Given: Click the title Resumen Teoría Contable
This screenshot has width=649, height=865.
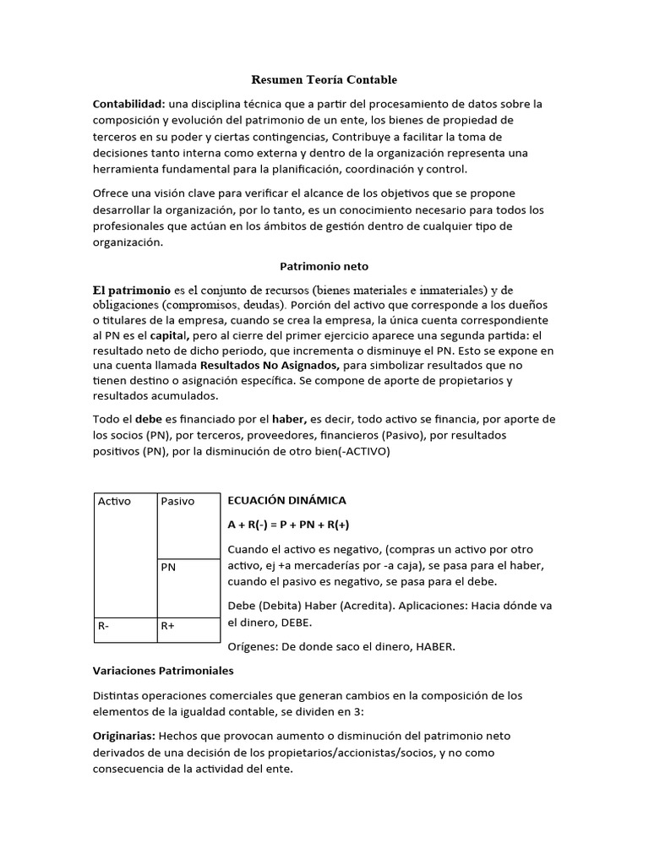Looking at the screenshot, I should coord(324,79).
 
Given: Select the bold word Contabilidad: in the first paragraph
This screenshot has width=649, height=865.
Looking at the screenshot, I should coord(128,104).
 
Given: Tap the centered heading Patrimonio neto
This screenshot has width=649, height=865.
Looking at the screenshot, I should coord(324,265).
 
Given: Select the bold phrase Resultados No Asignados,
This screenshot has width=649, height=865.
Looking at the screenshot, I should coord(270,366).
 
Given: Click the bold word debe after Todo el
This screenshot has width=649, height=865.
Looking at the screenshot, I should coord(149,420).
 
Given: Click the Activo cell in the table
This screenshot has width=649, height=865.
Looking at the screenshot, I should coord(115,501).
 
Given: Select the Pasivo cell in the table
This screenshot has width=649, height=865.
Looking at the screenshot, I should coord(178,501).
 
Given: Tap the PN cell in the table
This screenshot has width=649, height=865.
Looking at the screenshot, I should coord(168,568).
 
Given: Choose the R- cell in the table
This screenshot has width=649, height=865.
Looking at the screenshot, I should coord(104,627).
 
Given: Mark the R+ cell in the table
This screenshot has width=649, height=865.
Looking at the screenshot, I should coord(168,627).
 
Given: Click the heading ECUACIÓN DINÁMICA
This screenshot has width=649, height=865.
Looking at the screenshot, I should coord(287,501).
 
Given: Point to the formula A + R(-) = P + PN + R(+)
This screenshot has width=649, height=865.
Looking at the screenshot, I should coord(288,525).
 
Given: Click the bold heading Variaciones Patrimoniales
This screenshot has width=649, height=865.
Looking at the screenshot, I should coord(162,671).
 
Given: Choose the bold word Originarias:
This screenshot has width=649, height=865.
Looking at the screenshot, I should coord(123,736).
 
